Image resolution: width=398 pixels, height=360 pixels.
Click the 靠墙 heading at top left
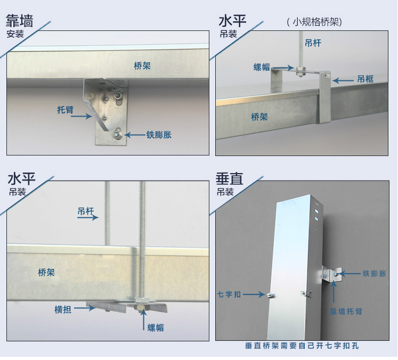[19, 21]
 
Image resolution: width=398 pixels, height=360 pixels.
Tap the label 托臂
[65, 110]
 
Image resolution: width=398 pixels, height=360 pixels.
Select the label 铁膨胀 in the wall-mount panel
[159, 135]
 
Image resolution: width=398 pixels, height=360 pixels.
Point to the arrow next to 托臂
[82, 116]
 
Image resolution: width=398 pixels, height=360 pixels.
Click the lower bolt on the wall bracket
[117, 134]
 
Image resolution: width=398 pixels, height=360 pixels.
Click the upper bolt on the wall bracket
[118, 95]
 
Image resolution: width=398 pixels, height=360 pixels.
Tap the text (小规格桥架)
[314, 22]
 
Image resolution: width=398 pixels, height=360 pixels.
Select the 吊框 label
[365, 79]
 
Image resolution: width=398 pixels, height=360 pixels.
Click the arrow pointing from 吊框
[343, 80]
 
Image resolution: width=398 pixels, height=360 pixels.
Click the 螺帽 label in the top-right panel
[262, 67]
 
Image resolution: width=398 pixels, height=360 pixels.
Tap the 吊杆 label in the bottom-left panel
[86, 211]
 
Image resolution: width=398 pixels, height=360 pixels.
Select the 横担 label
[63, 309]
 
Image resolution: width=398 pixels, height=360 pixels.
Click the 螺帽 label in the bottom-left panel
[156, 328]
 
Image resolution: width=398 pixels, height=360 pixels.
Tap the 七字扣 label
[229, 294]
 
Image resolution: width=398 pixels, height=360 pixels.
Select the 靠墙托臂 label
[346, 312]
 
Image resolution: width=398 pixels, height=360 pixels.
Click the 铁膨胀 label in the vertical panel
[374, 274]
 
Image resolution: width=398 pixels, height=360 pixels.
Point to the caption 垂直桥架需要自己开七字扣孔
[302, 346]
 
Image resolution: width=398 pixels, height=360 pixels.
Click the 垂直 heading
[230, 178]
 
